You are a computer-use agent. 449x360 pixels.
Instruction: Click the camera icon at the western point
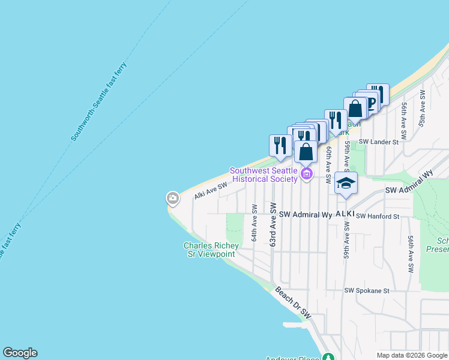point(172,198)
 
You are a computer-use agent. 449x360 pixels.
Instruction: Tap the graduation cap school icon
point(346,182)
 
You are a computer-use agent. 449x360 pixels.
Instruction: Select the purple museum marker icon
point(307,175)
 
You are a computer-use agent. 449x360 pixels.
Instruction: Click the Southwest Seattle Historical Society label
point(265,175)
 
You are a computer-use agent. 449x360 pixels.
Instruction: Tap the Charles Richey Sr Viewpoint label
point(211,250)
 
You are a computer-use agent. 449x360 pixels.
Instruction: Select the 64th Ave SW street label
point(255,223)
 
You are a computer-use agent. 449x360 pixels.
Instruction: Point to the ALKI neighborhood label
point(345,214)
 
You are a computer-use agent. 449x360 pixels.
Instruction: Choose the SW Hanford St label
point(378,216)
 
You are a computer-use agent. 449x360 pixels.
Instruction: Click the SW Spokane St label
point(367,291)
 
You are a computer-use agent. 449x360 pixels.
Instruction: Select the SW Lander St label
point(379,142)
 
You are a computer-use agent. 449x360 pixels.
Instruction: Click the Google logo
point(20,353)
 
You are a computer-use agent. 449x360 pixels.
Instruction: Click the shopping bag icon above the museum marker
point(306,152)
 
